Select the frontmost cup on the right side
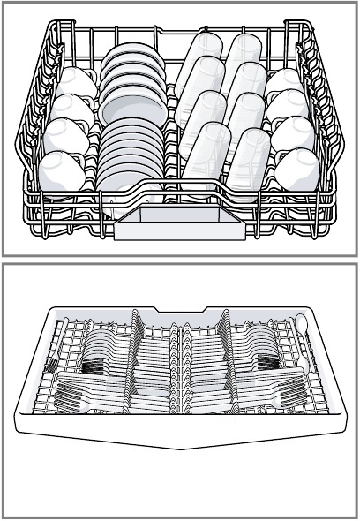297,169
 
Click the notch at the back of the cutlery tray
180,312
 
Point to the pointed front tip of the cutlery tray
180,446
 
